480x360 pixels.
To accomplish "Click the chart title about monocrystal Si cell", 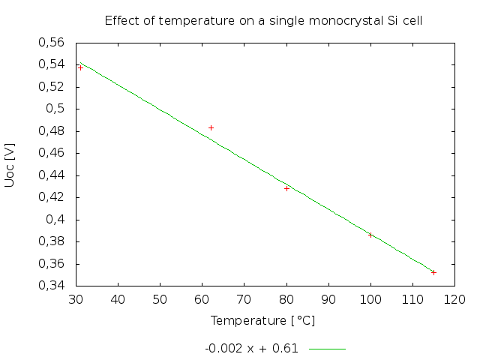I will (x=263, y=20).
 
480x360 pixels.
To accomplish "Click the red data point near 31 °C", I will (x=80, y=67).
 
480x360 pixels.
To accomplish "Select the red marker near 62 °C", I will (x=211, y=127).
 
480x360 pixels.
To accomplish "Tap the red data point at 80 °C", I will (x=286, y=188).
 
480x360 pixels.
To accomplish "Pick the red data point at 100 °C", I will (x=370, y=235).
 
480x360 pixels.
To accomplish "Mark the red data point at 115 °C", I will (x=433, y=272).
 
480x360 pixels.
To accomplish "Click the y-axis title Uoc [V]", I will (x=10, y=165).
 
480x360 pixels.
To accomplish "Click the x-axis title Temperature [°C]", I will (x=262, y=321).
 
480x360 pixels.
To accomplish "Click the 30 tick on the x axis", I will (x=76, y=300).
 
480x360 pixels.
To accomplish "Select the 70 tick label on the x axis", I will (x=244, y=300).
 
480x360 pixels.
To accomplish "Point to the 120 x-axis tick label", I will (x=454, y=300).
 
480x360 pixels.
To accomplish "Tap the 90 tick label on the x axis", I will (x=328, y=300).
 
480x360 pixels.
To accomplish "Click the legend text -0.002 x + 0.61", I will (x=251, y=349).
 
